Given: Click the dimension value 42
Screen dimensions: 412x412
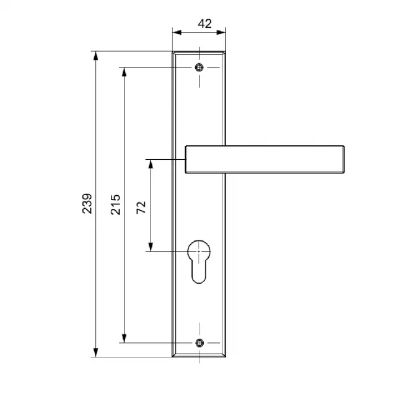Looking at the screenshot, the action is point(204,24).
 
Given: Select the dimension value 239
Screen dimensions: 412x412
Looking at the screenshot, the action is point(87,204).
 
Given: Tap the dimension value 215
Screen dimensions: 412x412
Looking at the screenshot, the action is point(115,204).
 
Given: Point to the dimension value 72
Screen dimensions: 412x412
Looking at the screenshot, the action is point(141,208).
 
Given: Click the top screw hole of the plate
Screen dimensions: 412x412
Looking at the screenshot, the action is point(199,68).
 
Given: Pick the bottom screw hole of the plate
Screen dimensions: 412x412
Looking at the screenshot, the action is point(199,343).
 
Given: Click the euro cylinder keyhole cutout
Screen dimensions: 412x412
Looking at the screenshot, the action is point(199,261).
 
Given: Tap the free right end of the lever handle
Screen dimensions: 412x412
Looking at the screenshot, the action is point(344,159).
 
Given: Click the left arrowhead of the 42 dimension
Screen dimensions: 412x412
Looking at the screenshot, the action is point(177,33).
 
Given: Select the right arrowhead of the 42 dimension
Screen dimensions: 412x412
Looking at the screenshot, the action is point(221,33).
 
